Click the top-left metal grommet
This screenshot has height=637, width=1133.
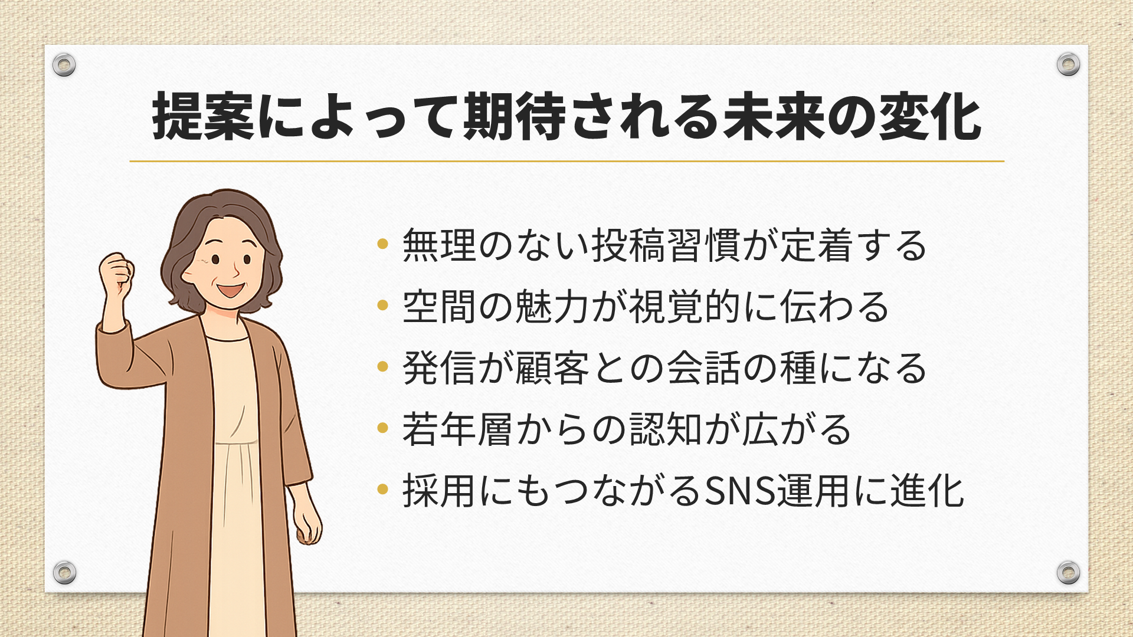64,64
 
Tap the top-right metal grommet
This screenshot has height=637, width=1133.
1068,64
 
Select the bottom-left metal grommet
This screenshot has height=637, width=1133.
64,572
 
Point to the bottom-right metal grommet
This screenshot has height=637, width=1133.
1068,572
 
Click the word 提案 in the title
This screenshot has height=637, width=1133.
203,117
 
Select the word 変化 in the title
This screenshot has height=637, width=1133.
929,117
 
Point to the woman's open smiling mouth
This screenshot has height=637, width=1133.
230,290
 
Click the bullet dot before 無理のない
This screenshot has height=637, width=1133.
382,244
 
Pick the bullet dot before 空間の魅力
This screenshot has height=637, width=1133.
382,305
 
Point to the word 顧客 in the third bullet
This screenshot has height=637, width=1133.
552,367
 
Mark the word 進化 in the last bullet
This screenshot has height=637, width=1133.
927,491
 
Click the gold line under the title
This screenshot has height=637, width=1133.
566,161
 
